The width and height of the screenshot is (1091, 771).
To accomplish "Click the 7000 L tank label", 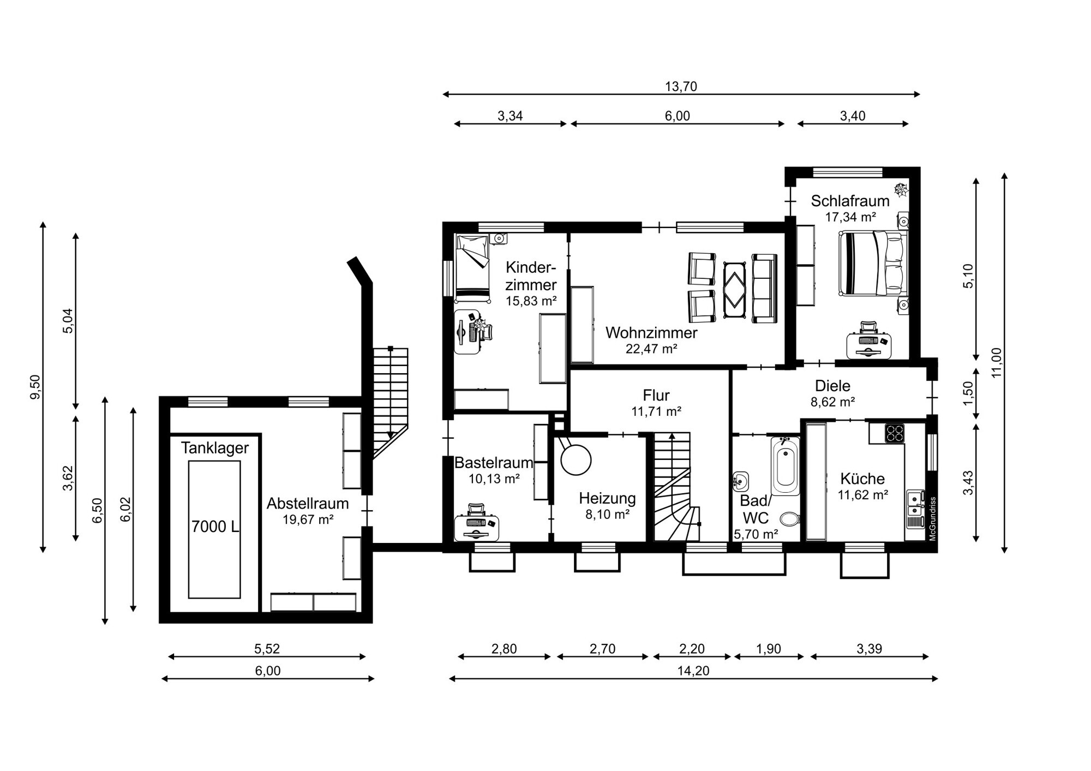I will [x=215, y=527].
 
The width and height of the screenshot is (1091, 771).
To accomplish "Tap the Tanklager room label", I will [x=214, y=448].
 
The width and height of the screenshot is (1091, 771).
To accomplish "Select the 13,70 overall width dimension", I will [x=681, y=86].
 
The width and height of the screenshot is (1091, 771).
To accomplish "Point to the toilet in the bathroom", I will [x=789, y=517].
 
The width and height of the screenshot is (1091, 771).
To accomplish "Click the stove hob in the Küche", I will [x=894, y=433].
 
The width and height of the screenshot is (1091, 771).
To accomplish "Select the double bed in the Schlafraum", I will [x=873, y=263].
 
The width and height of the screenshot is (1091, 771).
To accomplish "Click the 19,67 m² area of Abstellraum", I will [x=308, y=519].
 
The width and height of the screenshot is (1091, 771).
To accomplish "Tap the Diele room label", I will [x=832, y=386].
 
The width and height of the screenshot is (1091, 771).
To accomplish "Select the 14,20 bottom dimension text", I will [x=693, y=671].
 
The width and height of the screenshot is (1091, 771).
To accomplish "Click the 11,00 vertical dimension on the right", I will [x=997, y=362].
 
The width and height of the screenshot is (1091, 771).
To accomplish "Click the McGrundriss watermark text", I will [x=932, y=518].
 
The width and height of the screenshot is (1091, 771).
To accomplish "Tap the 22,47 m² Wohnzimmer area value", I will [x=651, y=349].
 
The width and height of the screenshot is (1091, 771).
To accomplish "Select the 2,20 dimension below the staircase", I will [x=692, y=649].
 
